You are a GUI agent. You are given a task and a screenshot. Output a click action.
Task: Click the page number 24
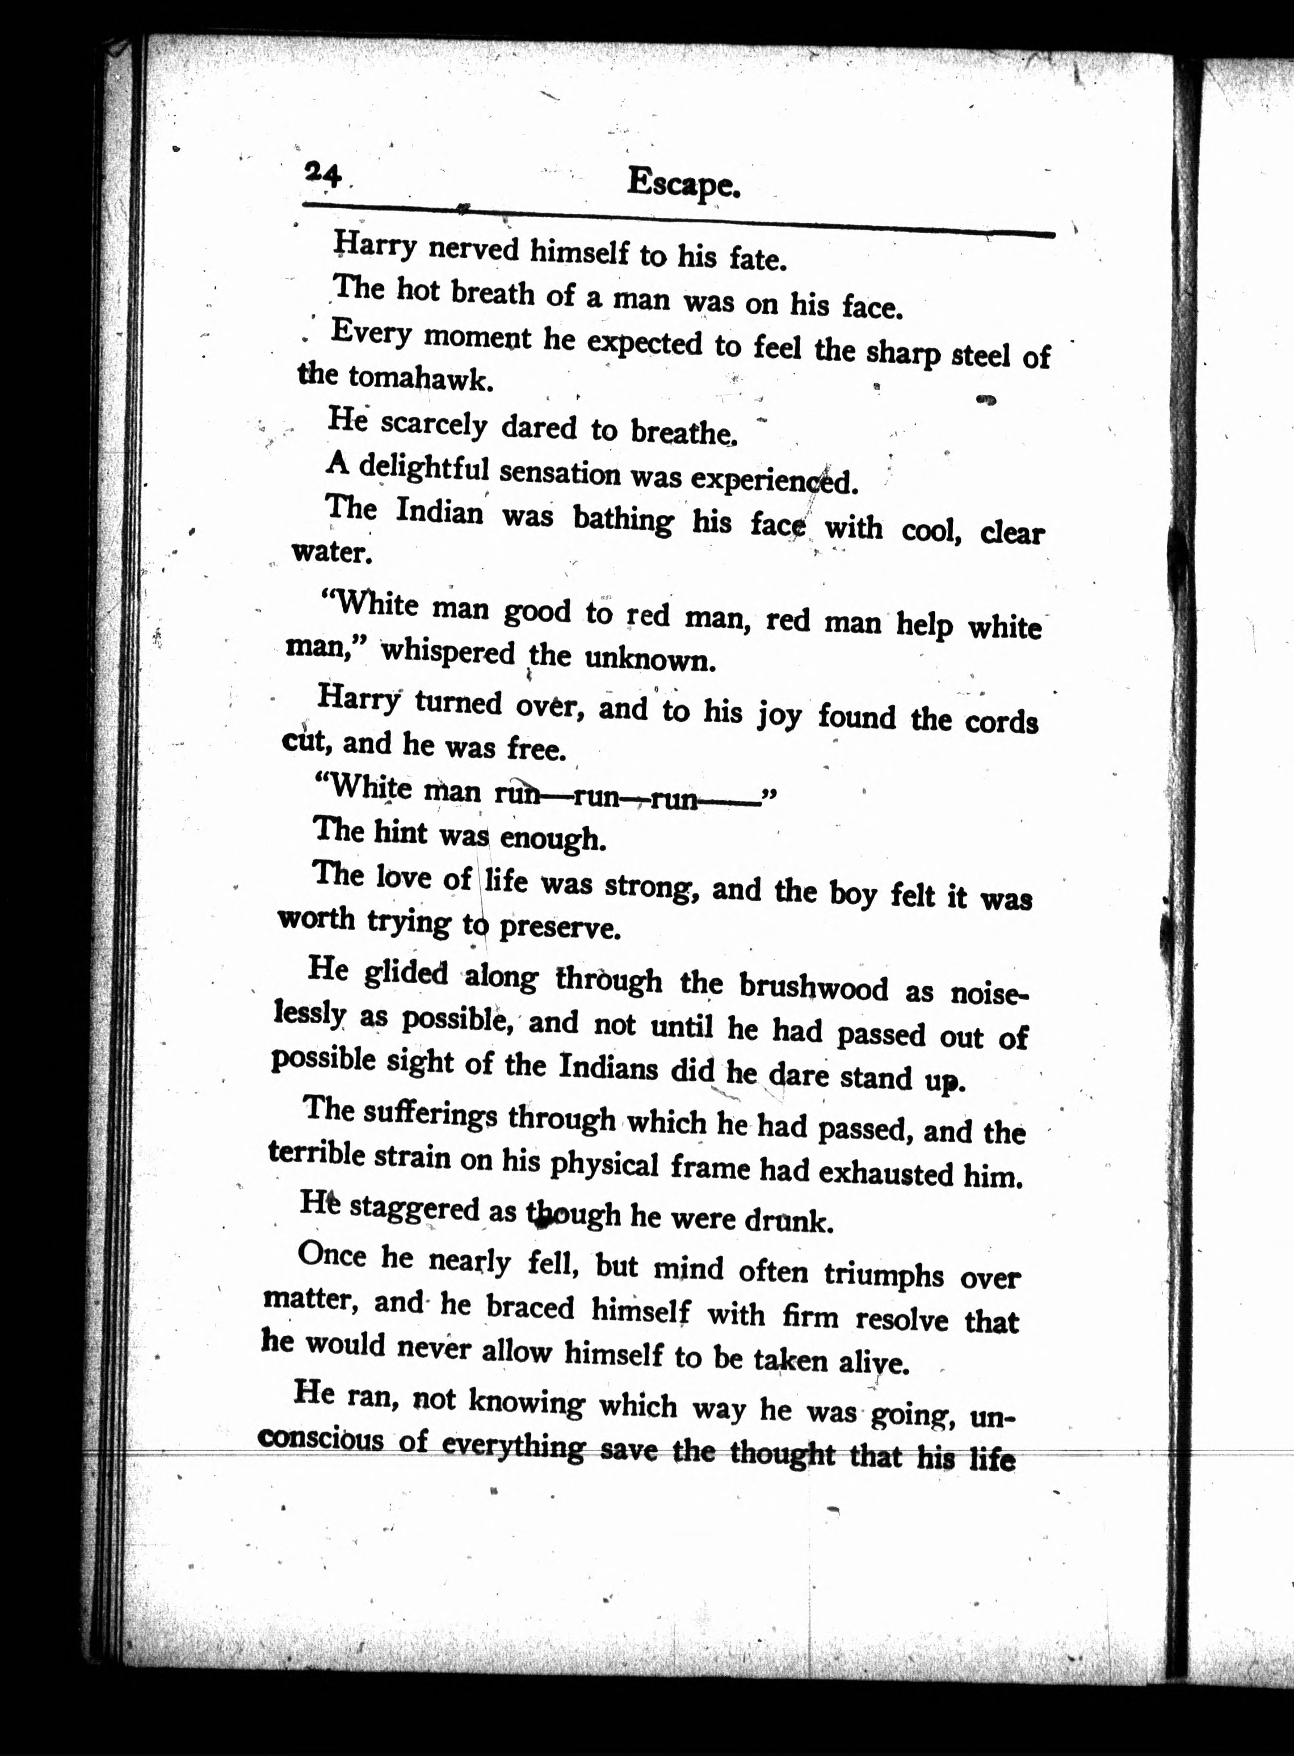323,175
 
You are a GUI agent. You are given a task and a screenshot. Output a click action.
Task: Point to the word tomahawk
421,378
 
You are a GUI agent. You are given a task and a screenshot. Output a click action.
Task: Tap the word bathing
622,519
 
